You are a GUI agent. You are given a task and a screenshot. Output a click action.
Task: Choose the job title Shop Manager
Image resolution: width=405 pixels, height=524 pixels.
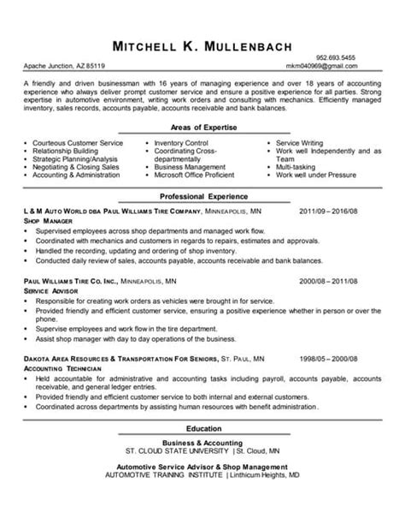click(47, 220)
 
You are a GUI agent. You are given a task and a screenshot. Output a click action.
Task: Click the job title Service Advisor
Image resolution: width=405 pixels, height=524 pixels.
click(50, 291)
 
